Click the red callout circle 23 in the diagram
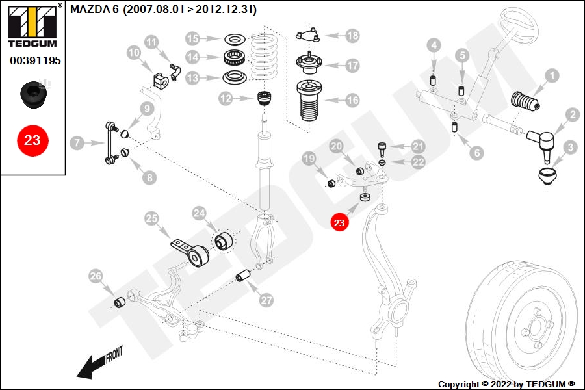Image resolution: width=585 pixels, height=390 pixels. (x=339, y=223)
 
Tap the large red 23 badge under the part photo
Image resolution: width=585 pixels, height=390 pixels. (x=32, y=140)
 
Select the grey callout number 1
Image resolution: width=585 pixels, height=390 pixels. (x=551, y=75)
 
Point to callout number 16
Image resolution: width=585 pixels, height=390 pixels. (x=352, y=101)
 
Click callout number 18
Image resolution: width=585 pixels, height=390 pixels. (x=352, y=36)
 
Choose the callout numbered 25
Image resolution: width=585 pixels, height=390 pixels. (x=151, y=219)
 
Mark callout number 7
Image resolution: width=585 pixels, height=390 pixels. (x=77, y=142)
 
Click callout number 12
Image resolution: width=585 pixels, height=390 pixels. (x=226, y=99)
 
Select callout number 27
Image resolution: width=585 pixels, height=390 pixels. (x=266, y=301)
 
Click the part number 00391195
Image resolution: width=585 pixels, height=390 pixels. (x=35, y=60)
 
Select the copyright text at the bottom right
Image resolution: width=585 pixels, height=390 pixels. (x=506, y=384)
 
